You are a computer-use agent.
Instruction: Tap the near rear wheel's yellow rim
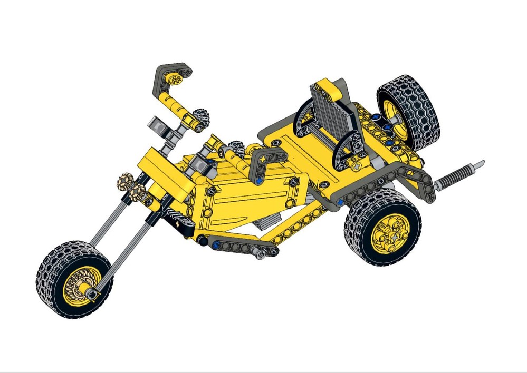pyautogui.click(x=391, y=232)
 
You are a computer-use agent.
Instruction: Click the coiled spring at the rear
pyautogui.click(x=457, y=175)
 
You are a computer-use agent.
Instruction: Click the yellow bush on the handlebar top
pyautogui.click(x=175, y=80)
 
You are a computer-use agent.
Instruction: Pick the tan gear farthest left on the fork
pyautogui.click(x=123, y=182)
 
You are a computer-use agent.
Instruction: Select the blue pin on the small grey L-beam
pyautogui.click(x=260, y=179)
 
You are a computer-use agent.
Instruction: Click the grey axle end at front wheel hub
pyautogui.click(x=93, y=293)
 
